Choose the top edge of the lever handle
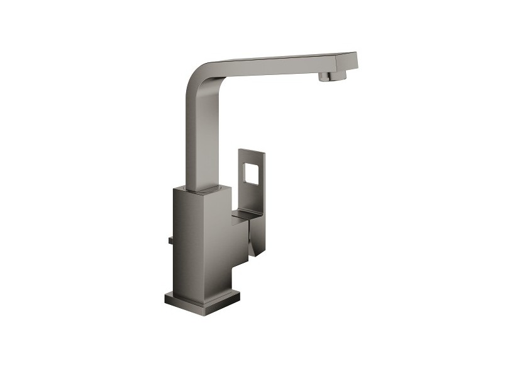coord(252,151)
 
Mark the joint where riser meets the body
coord(201,188)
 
